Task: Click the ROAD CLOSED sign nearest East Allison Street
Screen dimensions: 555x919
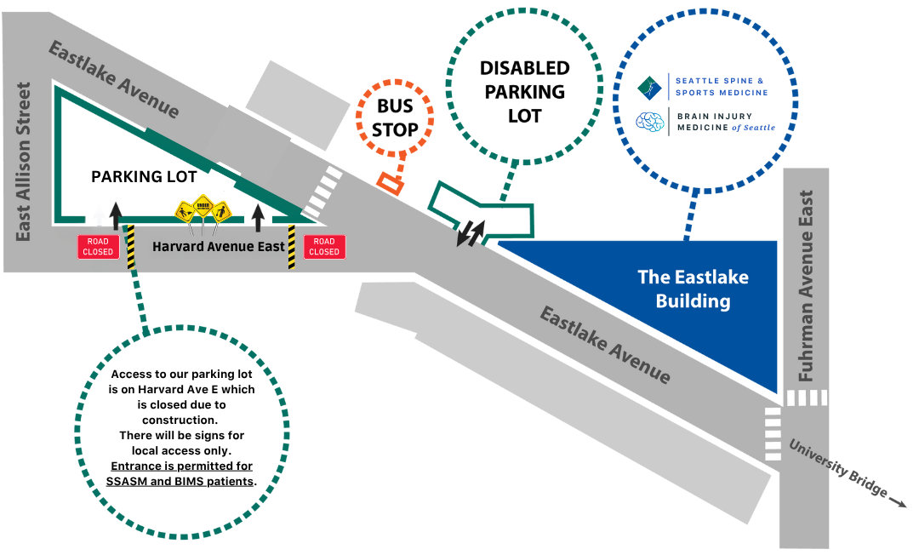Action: coord(98,247)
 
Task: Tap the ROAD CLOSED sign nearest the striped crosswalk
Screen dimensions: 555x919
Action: coord(324,247)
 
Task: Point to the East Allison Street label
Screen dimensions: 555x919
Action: coord(24,162)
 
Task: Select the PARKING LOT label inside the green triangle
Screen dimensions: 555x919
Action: coord(144,177)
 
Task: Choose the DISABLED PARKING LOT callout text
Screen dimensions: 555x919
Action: coord(524,92)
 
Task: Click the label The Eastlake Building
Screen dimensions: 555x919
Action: coord(693,289)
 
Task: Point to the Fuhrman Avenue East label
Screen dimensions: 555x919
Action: coord(807,285)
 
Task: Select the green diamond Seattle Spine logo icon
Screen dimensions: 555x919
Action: coord(650,86)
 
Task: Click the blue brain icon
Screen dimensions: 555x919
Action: coord(650,122)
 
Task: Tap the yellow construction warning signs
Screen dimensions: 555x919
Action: coord(203,211)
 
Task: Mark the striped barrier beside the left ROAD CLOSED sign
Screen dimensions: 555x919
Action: coord(131,247)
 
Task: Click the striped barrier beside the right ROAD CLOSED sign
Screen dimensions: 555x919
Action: coord(292,247)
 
